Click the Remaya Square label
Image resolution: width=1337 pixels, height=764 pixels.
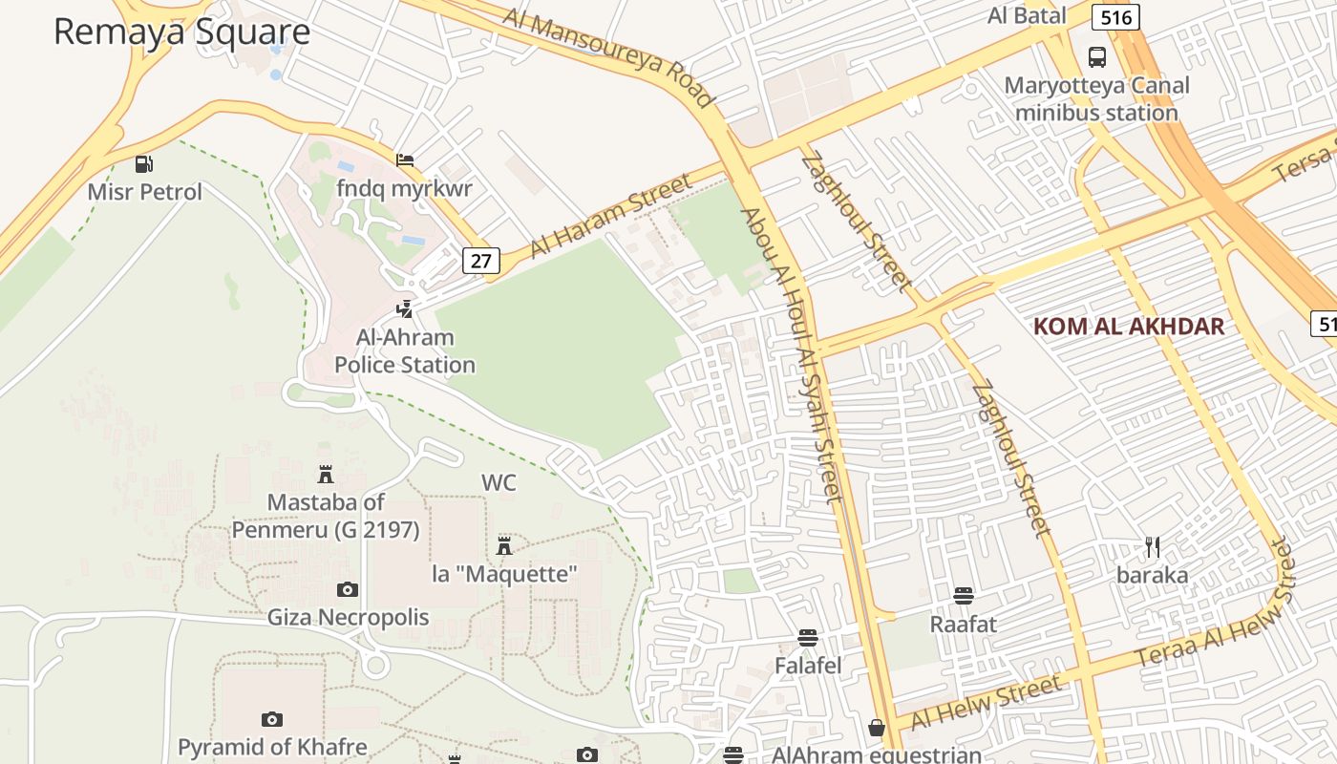tap(181, 32)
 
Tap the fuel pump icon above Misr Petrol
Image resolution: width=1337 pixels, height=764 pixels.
tap(144, 164)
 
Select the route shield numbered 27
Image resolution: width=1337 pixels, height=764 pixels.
tap(480, 260)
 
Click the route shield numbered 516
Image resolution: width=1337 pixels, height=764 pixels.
tap(1115, 17)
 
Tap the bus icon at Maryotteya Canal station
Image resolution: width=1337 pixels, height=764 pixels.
tap(1097, 57)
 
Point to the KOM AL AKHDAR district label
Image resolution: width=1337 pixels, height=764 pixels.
tap(1128, 327)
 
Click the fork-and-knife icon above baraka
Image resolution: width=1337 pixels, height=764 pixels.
tap(1153, 547)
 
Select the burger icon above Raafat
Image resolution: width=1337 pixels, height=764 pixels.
tap(963, 596)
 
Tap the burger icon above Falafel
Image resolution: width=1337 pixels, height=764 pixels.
tap(808, 637)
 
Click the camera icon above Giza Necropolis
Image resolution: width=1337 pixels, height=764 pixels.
tap(348, 589)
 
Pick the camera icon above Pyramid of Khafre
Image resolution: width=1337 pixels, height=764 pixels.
tap(272, 719)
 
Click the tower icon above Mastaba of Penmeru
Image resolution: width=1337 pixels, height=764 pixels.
tap(326, 474)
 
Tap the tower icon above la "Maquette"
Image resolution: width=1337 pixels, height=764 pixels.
tap(504, 546)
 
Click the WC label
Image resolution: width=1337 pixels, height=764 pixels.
tap(499, 483)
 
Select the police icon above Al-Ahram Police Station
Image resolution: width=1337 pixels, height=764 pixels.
tap(405, 309)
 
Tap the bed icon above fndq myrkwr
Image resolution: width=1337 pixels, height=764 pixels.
tap(405, 159)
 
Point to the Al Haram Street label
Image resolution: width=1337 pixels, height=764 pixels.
tap(610, 216)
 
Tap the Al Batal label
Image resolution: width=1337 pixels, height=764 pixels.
tap(1027, 15)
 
